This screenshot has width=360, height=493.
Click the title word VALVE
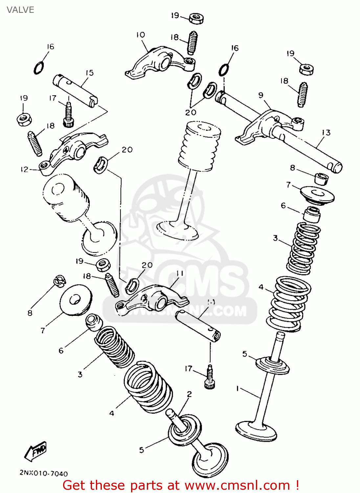[20, 10]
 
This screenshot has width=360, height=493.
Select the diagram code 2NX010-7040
[43, 474]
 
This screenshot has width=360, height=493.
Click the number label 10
[140, 35]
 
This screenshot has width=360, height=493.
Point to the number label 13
[326, 132]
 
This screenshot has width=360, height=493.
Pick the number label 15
[89, 73]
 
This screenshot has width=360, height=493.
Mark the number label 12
[25, 170]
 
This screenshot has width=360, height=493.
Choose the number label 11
[180, 273]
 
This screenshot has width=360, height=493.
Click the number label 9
[261, 95]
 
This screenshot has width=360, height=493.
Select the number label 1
[237, 388]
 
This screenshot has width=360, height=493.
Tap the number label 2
[189, 394]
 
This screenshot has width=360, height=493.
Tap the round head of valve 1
[257, 430]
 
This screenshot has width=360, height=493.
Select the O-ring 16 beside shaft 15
[38, 68]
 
